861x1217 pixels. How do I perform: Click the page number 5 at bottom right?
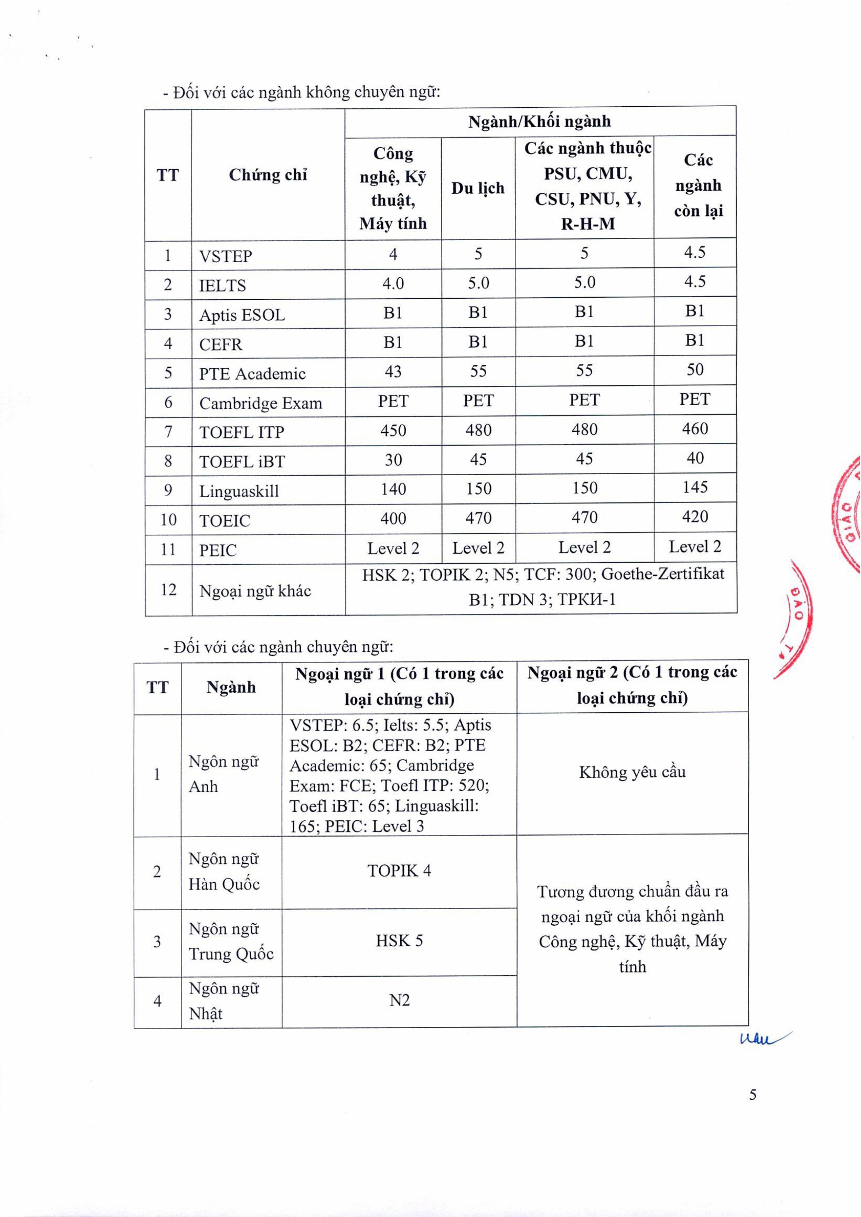click(752, 1095)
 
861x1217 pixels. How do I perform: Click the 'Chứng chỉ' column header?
click(268, 175)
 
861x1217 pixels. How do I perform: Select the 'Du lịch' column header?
click(478, 188)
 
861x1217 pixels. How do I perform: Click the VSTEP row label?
click(225, 256)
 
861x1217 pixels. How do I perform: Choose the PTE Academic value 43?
click(393, 372)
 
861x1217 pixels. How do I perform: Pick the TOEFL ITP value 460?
click(695, 428)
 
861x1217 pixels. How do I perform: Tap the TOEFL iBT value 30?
click(393, 460)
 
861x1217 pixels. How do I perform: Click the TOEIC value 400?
click(393, 518)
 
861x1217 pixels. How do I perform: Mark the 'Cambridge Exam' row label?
click(260, 404)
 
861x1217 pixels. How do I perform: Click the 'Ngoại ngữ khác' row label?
click(255, 591)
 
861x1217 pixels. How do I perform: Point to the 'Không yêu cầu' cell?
click(632, 772)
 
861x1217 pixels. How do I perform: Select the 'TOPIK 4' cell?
click(399, 871)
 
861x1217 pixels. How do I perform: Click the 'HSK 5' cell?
click(399, 941)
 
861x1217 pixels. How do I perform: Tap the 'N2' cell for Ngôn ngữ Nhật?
click(399, 1000)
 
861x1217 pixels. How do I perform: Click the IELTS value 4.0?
click(393, 284)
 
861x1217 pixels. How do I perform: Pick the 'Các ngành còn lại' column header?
click(698, 186)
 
